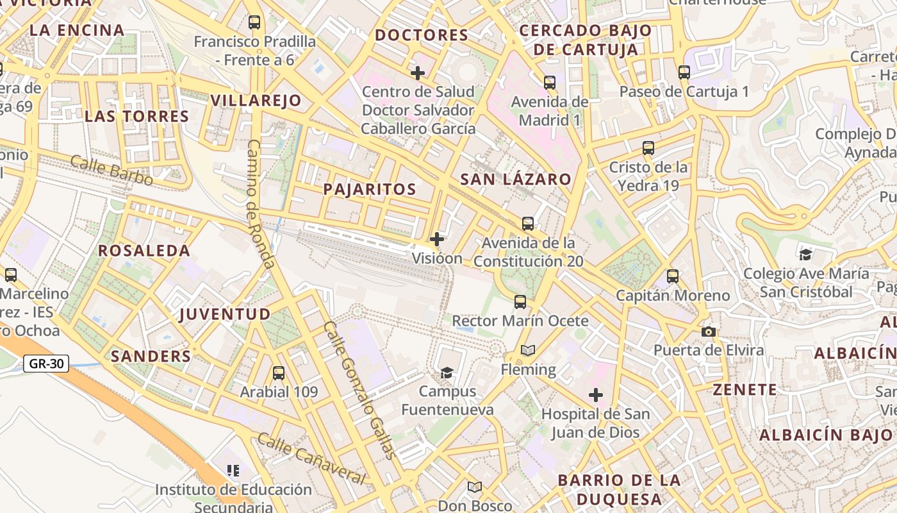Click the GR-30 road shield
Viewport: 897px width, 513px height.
click(x=46, y=364)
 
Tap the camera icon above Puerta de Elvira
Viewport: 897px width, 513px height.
click(x=709, y=332)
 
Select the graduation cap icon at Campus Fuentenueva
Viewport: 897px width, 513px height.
click(x=447, y=373)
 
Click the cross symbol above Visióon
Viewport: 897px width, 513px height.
click(x=437, y=239)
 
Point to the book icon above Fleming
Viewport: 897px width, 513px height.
click(x=528, y=350)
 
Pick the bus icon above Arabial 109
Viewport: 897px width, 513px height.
click(x=279, y=373)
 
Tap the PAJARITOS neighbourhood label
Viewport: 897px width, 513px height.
click(x=370, y=189)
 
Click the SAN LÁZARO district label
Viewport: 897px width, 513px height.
click(x=516, y=179)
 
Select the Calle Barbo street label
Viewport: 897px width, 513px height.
click(x=111, y=171)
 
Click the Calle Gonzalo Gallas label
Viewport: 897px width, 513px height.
click(x=360, y=390)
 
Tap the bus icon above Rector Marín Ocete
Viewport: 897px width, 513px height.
click(x=520, y=301)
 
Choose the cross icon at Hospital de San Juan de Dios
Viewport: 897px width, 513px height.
click(x=596, y=395)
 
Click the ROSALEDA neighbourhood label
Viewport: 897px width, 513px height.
click(x=144, y=251)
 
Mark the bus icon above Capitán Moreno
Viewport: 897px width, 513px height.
click(x=673, y=276)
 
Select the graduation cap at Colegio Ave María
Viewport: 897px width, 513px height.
click(x=805, y=255)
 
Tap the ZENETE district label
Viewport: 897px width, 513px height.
click(x=745, y=389)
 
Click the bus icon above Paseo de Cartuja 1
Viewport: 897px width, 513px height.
click(x=684, y=72)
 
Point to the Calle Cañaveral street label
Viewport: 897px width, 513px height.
click(x=311, y=459)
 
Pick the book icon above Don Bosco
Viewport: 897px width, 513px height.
click(x=475, y=487)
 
